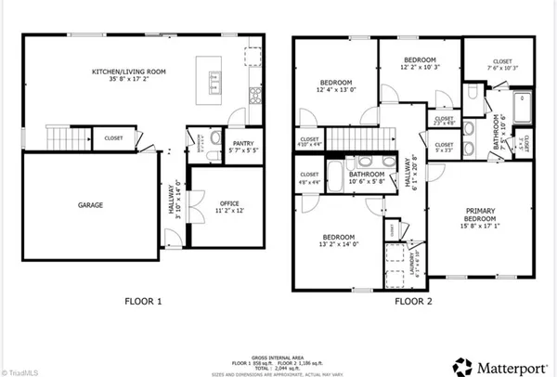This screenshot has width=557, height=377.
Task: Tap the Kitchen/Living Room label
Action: click(x=129, y=75)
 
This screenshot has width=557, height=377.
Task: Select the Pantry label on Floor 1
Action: click(x=227, y=145)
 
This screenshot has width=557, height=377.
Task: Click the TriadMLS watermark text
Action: click(x=20, y=370)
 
